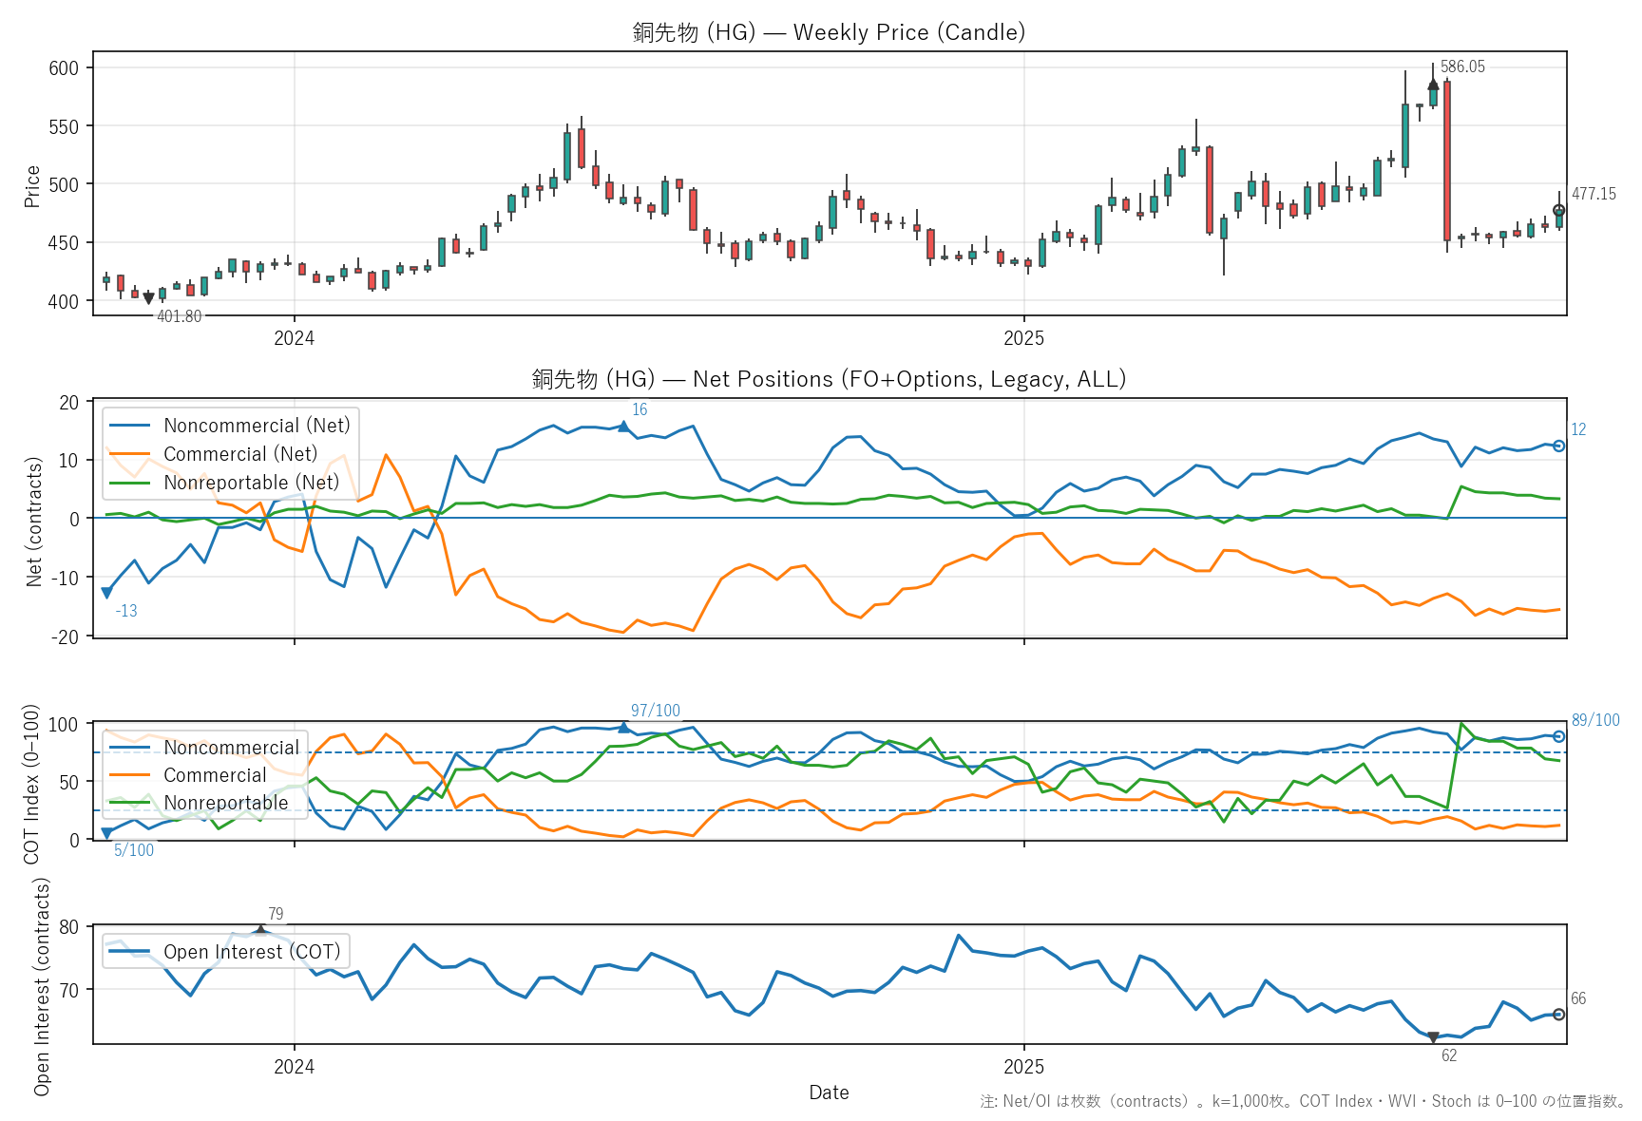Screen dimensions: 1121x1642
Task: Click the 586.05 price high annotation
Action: point(1461,66)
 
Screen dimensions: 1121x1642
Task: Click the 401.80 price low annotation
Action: point(179,316)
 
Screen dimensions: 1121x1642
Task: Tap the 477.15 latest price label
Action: point(1593,194)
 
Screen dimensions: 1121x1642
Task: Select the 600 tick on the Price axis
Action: point(64,67)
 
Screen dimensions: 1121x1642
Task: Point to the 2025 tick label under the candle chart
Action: point(1023,338)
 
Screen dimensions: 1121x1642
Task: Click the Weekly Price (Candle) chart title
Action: point(829,32)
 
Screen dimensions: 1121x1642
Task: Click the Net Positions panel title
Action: point(829,379)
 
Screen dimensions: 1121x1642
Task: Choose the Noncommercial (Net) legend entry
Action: point(256,426)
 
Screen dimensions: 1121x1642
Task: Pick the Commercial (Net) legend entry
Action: point(239,454)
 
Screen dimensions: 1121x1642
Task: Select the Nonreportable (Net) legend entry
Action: point(251,483)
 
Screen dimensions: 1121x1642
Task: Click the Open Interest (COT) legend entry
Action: point(251,952)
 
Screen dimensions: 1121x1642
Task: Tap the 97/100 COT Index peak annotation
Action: point(655,711)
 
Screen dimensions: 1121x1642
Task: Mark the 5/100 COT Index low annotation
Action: point(134,850)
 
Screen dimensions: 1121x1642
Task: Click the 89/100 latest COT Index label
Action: point(1594,720)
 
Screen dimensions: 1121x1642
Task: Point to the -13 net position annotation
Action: point(126,611)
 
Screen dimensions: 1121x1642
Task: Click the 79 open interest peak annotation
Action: point(276,914)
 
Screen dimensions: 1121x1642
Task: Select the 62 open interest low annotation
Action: point(1448,1055)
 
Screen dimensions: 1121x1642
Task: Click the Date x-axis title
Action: point(829,1092)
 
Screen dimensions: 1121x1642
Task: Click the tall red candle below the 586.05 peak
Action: point(1446,161)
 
